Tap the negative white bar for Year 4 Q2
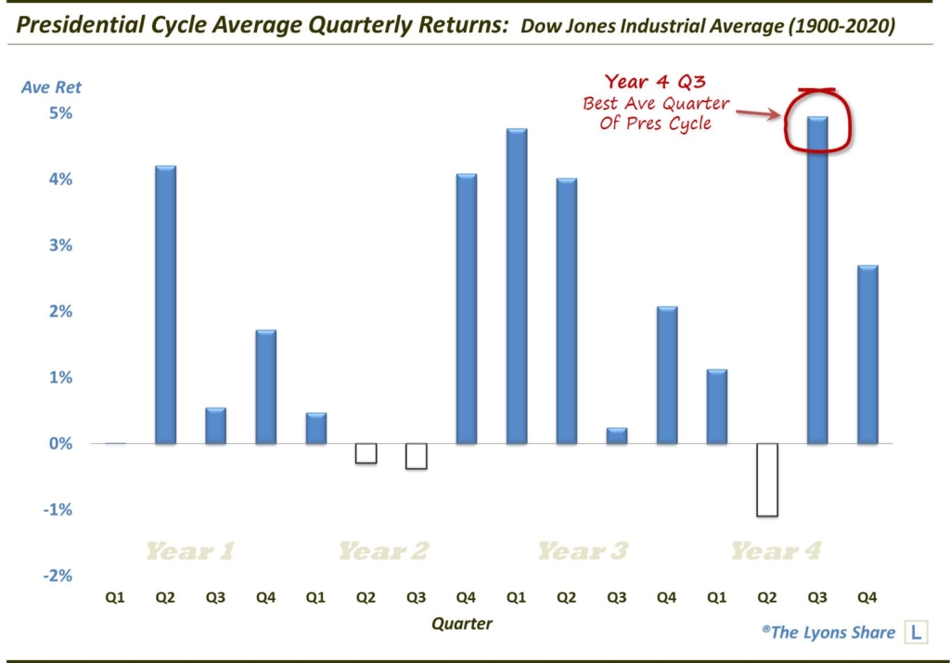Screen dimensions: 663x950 (x=767, y=480)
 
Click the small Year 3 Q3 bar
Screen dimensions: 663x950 (x=617, y=435)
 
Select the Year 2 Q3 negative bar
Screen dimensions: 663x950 (x=417, y=456)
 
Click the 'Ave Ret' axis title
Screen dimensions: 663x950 (x=52, y=87)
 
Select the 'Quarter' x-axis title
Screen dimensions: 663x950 (x=461, y=623)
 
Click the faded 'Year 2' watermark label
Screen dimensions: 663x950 (x=383, y=552)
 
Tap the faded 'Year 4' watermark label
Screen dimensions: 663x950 (x=776, y=552)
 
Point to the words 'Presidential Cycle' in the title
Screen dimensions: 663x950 (x=106, y=25)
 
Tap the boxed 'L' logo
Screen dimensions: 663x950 (x=917, y=632)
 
